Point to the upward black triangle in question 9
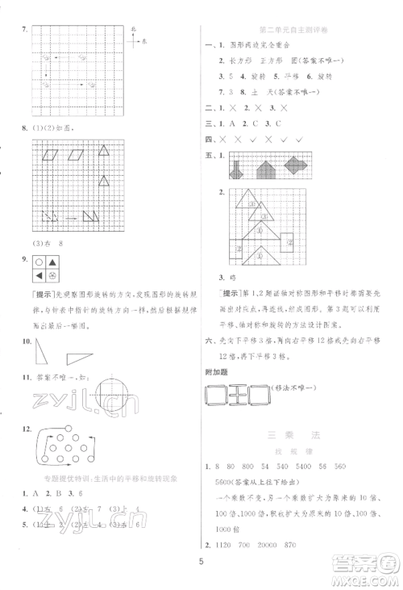pyautogui.click(x=52, y=261)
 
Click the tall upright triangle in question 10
pyautogui.click(x=39, y=352)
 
